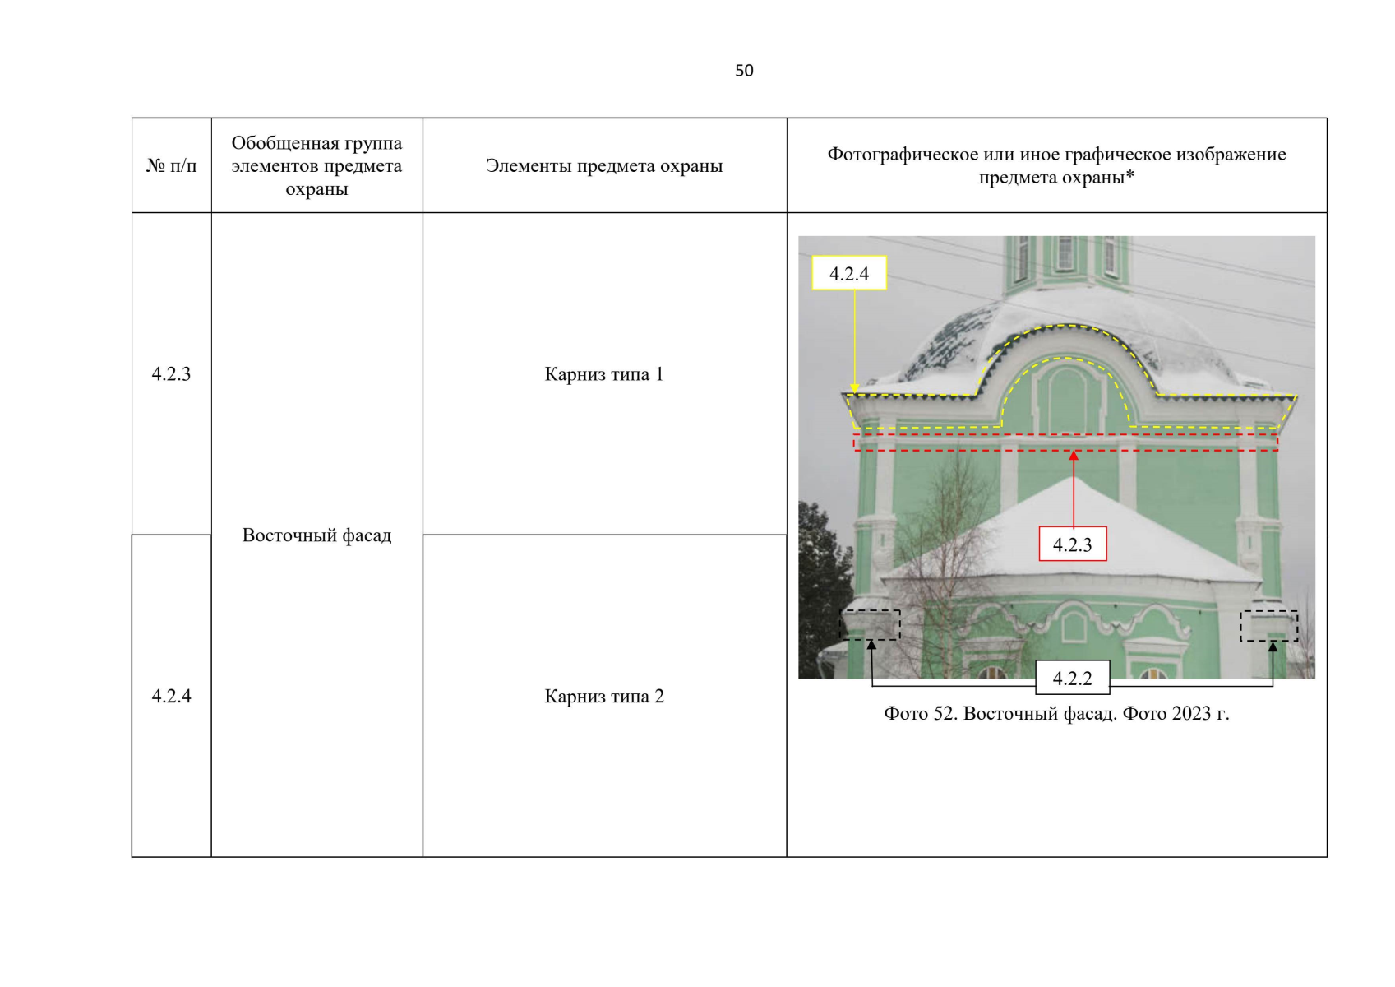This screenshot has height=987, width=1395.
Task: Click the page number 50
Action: click(744, 71)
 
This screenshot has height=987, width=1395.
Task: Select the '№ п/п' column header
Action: click(171, 166)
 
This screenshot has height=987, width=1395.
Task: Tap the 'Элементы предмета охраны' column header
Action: click(604, 166)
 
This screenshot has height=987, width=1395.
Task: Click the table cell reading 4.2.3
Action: click(171, 374)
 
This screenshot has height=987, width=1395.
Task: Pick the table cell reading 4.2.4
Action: click(171, 696)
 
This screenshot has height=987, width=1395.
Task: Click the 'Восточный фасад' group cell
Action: click(317, 535)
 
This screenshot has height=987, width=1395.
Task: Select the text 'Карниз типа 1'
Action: click(604, 374)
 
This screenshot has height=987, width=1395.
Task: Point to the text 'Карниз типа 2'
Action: click(604, 696)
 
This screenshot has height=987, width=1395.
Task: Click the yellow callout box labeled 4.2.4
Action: click(849, 273)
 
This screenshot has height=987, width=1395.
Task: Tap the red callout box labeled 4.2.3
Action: click(1073, 544)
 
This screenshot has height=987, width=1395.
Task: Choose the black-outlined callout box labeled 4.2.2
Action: click(1073, 677)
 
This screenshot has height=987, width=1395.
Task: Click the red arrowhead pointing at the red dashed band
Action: click(1074, 456)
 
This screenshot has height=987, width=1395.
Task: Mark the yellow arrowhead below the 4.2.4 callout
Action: click(854, 388)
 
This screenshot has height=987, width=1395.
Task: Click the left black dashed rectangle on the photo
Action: click(870, 625)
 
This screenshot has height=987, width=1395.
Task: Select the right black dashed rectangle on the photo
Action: click(1269, 626)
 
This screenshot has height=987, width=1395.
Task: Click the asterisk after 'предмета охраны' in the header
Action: click(1129, 175)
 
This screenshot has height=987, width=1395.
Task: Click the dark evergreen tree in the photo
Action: click(824, 586)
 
